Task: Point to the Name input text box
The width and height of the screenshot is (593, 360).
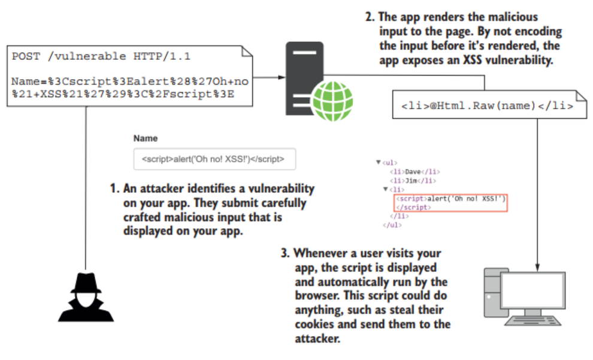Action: click(214, 160)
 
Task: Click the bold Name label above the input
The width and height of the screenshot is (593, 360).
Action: click(146, 138)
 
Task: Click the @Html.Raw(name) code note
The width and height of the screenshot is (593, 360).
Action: click(486, 106)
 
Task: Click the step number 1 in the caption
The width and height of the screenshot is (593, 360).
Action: click(113, 189)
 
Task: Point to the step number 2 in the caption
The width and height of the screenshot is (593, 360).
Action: click(370, 17)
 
